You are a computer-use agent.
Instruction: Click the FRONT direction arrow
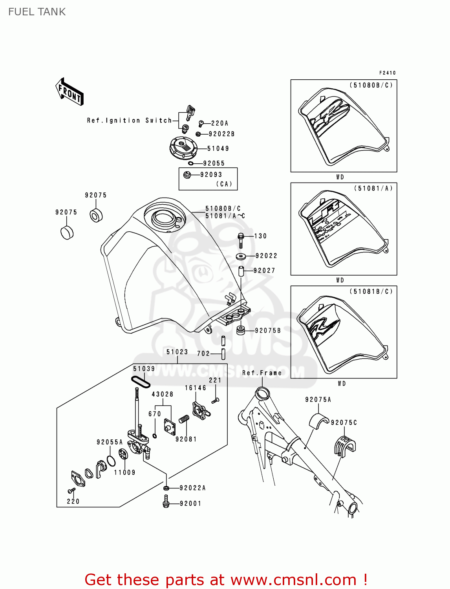(x=70, y=92)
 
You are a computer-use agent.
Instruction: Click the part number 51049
(x=218, y=148)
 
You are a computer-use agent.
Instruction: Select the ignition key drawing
(x=190, y=112)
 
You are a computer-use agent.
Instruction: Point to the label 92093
(x=211, y=175)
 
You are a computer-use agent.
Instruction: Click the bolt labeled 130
(x=241, y=240)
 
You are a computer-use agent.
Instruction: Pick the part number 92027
(x=264, y=271)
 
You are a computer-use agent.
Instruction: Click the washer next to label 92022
(x=241, y=257)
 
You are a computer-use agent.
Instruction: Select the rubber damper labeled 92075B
(x=240, y=330)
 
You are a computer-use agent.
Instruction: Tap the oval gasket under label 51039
(x=140, y=381)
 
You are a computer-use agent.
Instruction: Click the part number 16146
(x=196, y=388)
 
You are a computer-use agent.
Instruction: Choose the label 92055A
(x=110, y=442)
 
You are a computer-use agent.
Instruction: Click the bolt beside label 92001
(x=166, y=501)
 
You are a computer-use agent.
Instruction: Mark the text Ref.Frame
(x=262, y=373)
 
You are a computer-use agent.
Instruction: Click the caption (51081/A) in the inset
(x=373, y=188)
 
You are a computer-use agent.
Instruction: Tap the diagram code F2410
(x=388, y=73)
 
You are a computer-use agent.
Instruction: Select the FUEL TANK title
(x=37, y=12)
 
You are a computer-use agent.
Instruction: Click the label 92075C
(x=344, y=423)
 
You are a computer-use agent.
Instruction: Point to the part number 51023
(x=177, y=352)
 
